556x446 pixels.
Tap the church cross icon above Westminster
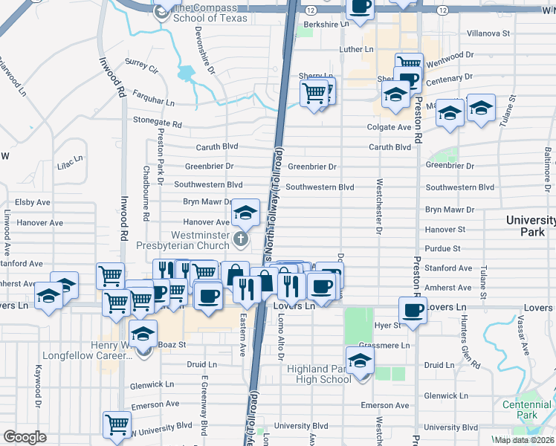click(x=240, y=239)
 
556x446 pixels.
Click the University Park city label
click(x=531, y=226)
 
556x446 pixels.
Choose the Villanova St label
click(x=488, y=33)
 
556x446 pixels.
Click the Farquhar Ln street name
click(x=153, y=99)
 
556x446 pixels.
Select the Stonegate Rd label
click(x=157, y=123)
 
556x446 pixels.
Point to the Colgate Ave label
click(x=389, y=127)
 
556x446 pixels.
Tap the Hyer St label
click(x=387, y=326)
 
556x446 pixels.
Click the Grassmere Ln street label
click(x=384, y=346)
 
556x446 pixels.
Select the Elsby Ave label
click(x=33, y=201)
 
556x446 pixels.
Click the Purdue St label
click(x=443, y=248)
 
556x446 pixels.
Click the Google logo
click(x=25, y=437)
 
